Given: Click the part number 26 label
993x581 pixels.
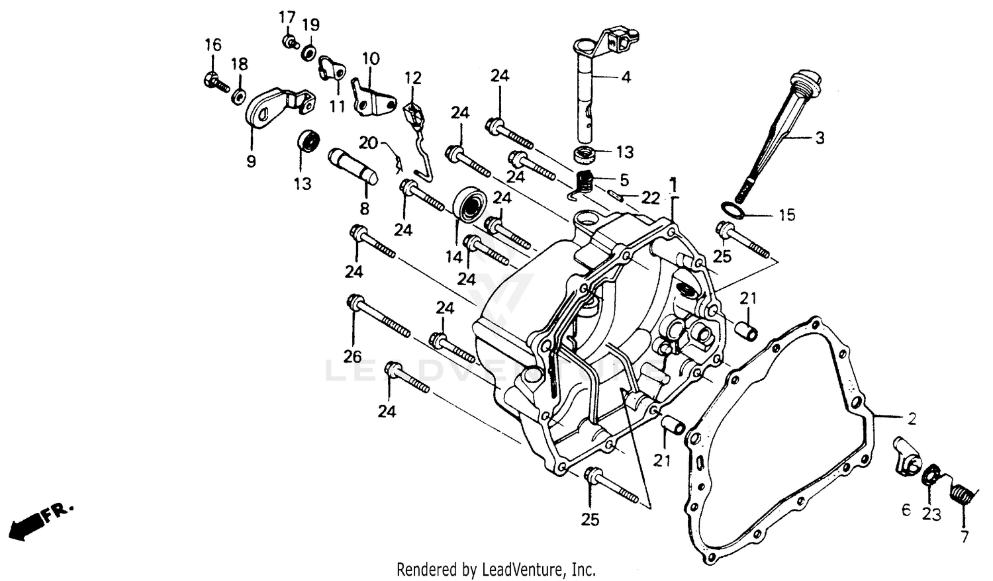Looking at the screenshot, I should click(x=352, y=357).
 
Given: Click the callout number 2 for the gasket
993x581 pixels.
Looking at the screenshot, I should click(x=912, y=418).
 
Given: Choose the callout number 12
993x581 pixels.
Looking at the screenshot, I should click(x=413, y=78).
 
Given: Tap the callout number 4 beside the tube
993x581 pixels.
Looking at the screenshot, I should click(x=626, y=77).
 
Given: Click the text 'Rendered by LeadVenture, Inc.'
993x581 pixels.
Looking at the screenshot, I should click(x=496, y=568).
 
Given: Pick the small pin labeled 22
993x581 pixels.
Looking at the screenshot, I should click(x=615, y=195).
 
